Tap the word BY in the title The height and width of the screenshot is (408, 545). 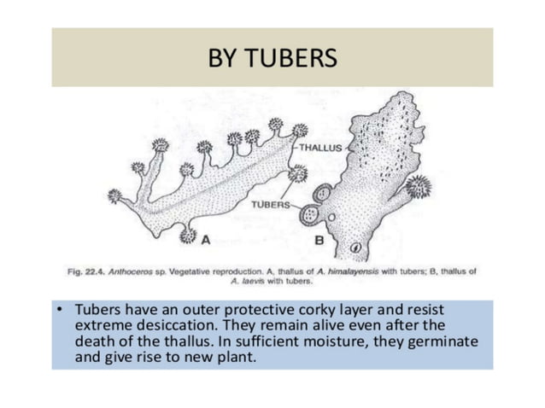225,58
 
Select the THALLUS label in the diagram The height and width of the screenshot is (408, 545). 320,148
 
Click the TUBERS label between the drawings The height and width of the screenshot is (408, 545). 270,205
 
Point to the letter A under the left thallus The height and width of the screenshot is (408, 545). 205,241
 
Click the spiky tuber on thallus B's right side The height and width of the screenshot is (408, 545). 418,187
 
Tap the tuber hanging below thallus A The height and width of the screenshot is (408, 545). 188,236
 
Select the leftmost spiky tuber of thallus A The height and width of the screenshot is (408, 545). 114,195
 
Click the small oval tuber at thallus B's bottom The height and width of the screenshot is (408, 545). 356,248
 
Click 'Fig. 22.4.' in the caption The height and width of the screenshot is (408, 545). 86,271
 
